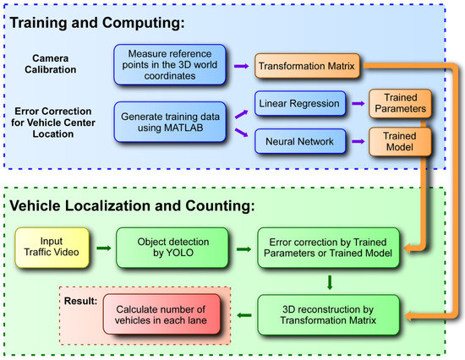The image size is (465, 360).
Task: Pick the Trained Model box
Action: coord(396,139)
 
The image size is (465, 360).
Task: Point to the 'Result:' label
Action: coord(79,298)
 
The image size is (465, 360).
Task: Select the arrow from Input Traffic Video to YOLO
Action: coord(102,248)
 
